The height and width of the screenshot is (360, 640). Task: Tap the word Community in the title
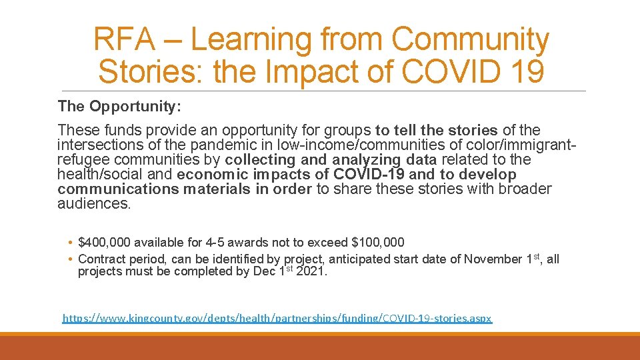coord(470,40)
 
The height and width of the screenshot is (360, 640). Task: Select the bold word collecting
coord(260,160)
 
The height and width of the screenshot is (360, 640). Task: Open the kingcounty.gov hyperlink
coord(277,319)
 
